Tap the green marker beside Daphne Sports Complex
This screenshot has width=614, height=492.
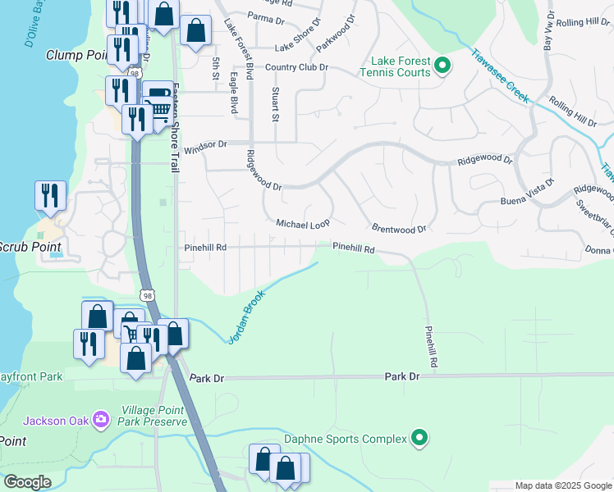pos(419,439)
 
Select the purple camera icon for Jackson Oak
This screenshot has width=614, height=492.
pos(101,421)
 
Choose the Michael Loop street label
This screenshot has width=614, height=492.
pos(302,224)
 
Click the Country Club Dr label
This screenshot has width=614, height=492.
pos(296,67)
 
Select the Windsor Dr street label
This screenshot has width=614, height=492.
pos(204,148)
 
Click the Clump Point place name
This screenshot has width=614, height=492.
pos(78,55)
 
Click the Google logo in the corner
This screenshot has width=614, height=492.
pos(26,482)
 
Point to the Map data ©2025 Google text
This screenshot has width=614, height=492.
pos(562,485)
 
